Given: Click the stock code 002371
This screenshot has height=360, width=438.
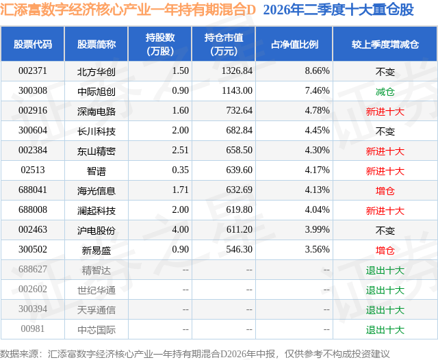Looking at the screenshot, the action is coord(33,71).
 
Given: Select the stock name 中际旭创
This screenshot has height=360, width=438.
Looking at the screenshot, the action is coord(96,92).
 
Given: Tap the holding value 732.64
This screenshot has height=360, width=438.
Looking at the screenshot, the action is coord(239,111).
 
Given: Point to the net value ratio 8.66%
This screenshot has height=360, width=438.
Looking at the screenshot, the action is coord(317,71).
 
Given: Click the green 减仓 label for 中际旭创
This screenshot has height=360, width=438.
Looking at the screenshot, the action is coord(385,92).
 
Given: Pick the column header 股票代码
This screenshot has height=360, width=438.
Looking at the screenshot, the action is coord(33,44).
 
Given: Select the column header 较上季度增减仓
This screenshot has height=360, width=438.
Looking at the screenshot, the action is coord(385,44).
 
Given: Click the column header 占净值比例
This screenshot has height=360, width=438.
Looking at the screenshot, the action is coord(294,44).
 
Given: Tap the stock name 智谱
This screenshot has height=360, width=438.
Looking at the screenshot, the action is coord(96,171).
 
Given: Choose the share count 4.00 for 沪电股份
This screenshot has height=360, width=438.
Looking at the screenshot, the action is coord(180,229).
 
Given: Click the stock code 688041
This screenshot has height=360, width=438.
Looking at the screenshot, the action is coord(33,190).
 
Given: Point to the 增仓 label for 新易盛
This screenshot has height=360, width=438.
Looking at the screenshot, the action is coord(385,250).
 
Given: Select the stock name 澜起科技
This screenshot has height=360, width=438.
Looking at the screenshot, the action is coord(96,211).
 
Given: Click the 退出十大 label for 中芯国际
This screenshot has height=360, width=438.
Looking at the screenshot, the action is coord(385,330).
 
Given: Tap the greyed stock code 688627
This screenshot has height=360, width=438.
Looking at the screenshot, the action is coord(33,269).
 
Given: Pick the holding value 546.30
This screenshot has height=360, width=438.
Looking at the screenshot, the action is coord(239,249).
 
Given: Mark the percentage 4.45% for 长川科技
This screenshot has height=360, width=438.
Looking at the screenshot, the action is coord(317,131).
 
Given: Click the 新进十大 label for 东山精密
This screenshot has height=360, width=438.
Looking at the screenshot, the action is coord(385,151).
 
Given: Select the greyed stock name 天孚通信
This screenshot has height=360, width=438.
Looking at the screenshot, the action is coord(96,310).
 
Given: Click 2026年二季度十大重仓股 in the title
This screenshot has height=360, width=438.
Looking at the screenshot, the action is coord(338,10).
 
